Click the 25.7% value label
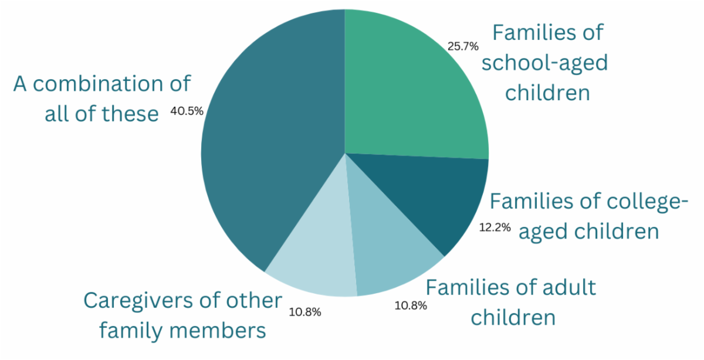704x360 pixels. click(463, 46)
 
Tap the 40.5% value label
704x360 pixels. click(187, 111)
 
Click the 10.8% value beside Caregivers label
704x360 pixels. click(305, 312)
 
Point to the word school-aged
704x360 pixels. click(544, 62)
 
